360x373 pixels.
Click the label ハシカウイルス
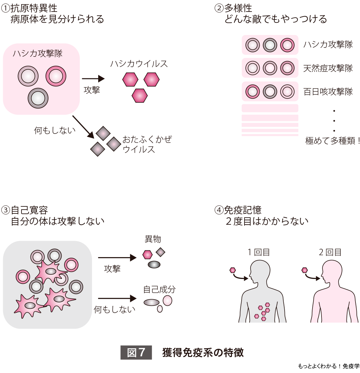(x=139, y=64)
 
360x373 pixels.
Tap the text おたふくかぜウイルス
(x=147, y=144)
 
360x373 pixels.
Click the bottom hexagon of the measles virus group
(x=140, y=95)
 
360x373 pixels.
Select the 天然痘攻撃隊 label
(x=328, y=68)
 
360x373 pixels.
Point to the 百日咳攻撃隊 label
(x=328, y=92)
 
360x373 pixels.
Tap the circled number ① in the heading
(x=5, y=8)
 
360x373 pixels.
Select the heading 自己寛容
(x=30, y=210)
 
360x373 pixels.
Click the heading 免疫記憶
(x=243, y=210)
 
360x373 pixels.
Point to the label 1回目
(x=259, y=252)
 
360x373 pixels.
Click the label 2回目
(x=330, y=252)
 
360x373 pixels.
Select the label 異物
(x=153, y=239)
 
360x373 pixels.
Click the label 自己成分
(x=159, y=290)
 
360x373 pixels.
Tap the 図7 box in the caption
(x=136, y=352)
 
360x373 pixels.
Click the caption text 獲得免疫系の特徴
(x=203, y=352)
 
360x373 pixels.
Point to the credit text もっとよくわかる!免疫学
(x=329, y=366)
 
